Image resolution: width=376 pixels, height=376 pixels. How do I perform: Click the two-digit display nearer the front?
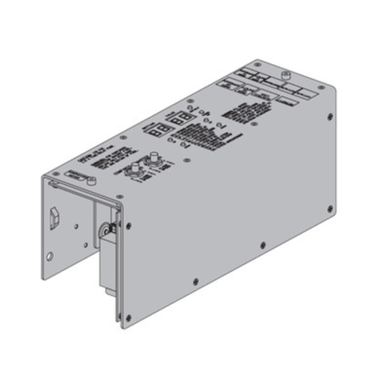[x=155, y=130]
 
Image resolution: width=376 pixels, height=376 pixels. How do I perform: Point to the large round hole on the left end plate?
[x=50, y=257]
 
